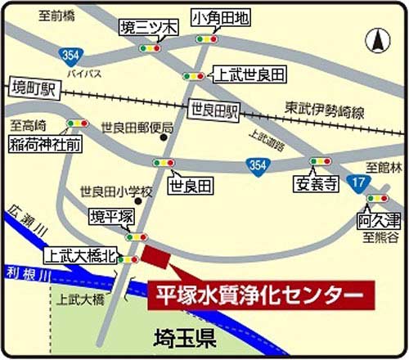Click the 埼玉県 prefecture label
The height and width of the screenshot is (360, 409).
(185, 337)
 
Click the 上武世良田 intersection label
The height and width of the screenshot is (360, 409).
(249, 75)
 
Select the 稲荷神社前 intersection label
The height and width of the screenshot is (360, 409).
(46, 145)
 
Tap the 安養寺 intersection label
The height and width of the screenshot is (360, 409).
(315, 184)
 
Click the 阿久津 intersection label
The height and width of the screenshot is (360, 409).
(378, 219)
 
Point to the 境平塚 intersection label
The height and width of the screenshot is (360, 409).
(110, 217)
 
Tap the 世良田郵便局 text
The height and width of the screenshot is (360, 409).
(137, 128)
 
